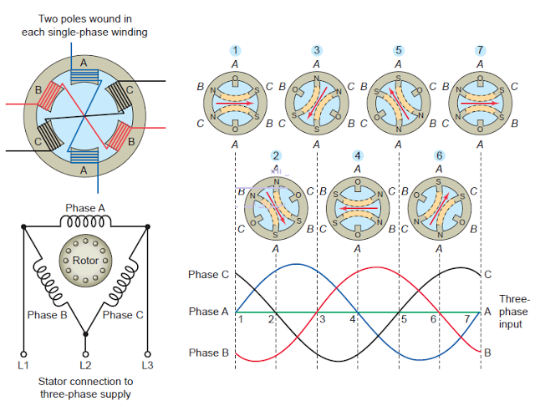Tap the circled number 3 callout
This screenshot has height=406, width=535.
pyautogui.click(x=317, y=51)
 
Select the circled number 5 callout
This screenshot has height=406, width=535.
pyautogui.click(x=398, y=51)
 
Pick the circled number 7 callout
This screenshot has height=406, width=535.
pyautogui.click(x=480, y=51)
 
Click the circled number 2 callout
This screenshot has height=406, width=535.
pyautogui.click(x=276, y=156)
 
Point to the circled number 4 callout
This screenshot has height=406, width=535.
pyautogui.click(x=358, y=156)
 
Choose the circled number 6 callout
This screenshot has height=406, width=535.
pyautogui.click(x=440, y=156)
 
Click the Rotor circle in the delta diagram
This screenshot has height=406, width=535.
pyautogui.click(x=85, y=261)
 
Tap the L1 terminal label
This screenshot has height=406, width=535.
pyautogui.click(x=24, y=366)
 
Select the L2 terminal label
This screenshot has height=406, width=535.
pyautogui.click(x=85, y=366)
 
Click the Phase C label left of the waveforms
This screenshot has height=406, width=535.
pyautogui.click(x=208, y=274)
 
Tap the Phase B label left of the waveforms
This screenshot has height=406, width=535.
pyautogui.click(x=208, y=353)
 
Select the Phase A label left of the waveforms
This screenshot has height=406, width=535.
pyautogui.click(x=208, y=312)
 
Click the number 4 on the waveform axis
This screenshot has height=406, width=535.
pyautogui.click(x=353, y=320)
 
